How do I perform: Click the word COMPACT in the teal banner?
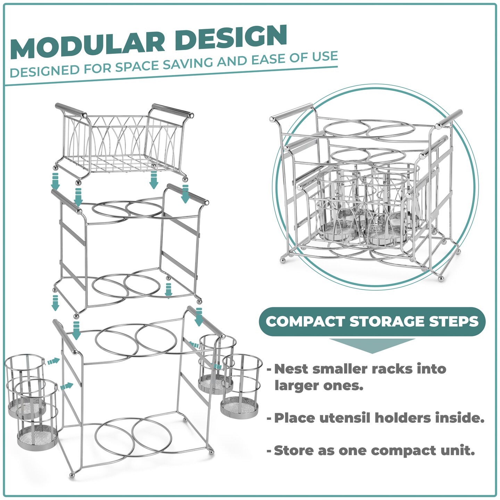click(305, 322)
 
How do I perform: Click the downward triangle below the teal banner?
click(372, 345)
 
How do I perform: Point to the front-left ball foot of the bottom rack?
click(72, 475)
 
